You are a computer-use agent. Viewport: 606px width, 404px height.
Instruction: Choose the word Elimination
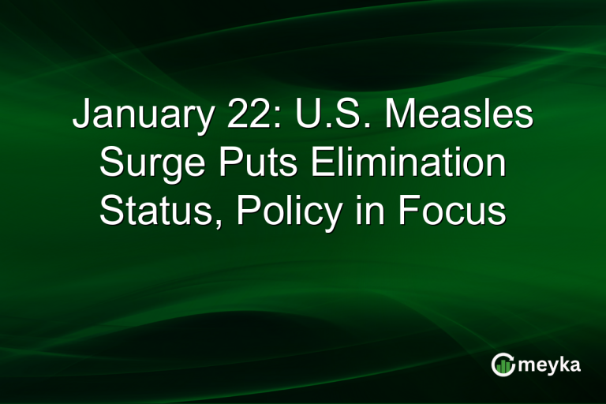[x=407, y=165]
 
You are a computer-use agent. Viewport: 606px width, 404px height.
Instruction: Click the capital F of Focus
[x=409, y=212]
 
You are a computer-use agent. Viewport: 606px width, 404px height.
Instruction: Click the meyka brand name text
[x=549, y=364]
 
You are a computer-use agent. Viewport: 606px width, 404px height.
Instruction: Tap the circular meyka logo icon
[x=503, y=364]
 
